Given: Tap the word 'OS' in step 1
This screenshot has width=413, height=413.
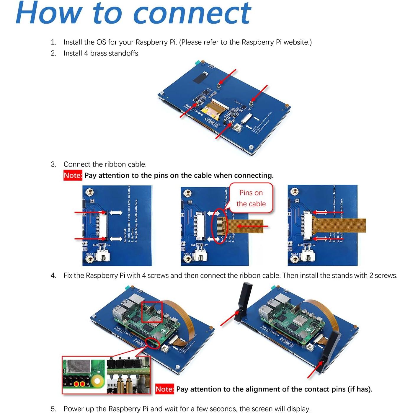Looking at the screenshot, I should pyautogui.click(x=101, y=42).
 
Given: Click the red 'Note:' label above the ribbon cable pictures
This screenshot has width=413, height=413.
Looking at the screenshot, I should pyautogui.click(x=73, y=175).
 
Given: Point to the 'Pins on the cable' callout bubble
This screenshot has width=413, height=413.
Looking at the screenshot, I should pyautogui.click(x=251, y=198).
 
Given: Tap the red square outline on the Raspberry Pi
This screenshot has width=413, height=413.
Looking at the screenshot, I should pyautogui.click(x=152, y=312).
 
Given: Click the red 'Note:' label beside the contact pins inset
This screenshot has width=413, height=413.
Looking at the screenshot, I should pyautogui.click(x=165, y=389).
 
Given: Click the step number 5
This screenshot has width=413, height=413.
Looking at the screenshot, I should pyautogui.click(x=53, y=409).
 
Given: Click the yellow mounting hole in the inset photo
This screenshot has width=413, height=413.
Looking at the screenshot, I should pyautogui.click(x=97, y=381).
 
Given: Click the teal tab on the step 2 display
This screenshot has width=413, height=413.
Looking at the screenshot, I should pyautogui.click(x=195, y=63).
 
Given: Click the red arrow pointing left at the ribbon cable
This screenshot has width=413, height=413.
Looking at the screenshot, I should pyautogui.click(x=253, y=226).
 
